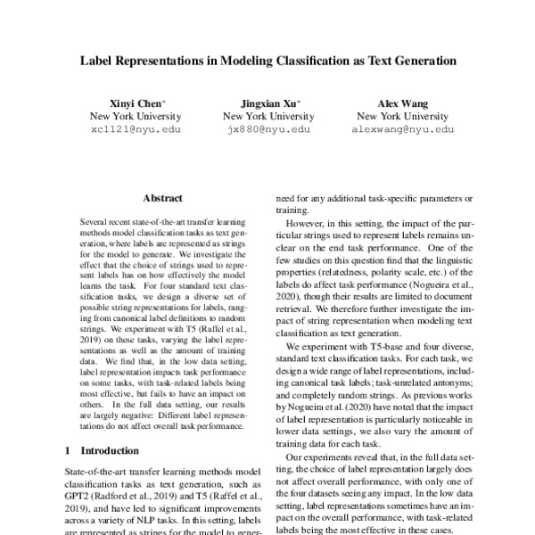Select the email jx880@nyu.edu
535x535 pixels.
pyautogui.click(x=268, y=129)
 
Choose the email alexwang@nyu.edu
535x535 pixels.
pyautogui.click(x=398, y=129)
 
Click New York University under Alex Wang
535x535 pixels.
pyautogui.click(x=398, y=116)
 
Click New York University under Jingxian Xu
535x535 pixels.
pyautogui.click(x=268, y=116)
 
